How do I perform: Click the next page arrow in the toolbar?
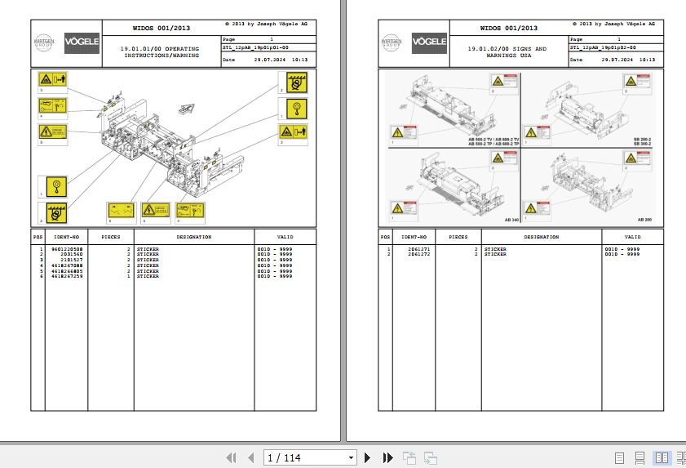(368, 458)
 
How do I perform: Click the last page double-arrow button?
(388, 458)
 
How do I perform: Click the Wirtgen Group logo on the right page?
(394, 42)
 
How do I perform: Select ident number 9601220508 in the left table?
(65, 249)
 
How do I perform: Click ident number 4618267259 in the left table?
(65, 277)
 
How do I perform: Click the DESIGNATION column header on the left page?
(193, 238)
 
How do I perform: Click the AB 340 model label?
(511, 221)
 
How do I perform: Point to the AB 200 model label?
(644, 221)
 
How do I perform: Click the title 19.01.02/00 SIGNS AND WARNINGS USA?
(507, 53)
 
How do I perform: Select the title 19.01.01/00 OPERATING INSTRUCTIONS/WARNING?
(159, 53)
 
